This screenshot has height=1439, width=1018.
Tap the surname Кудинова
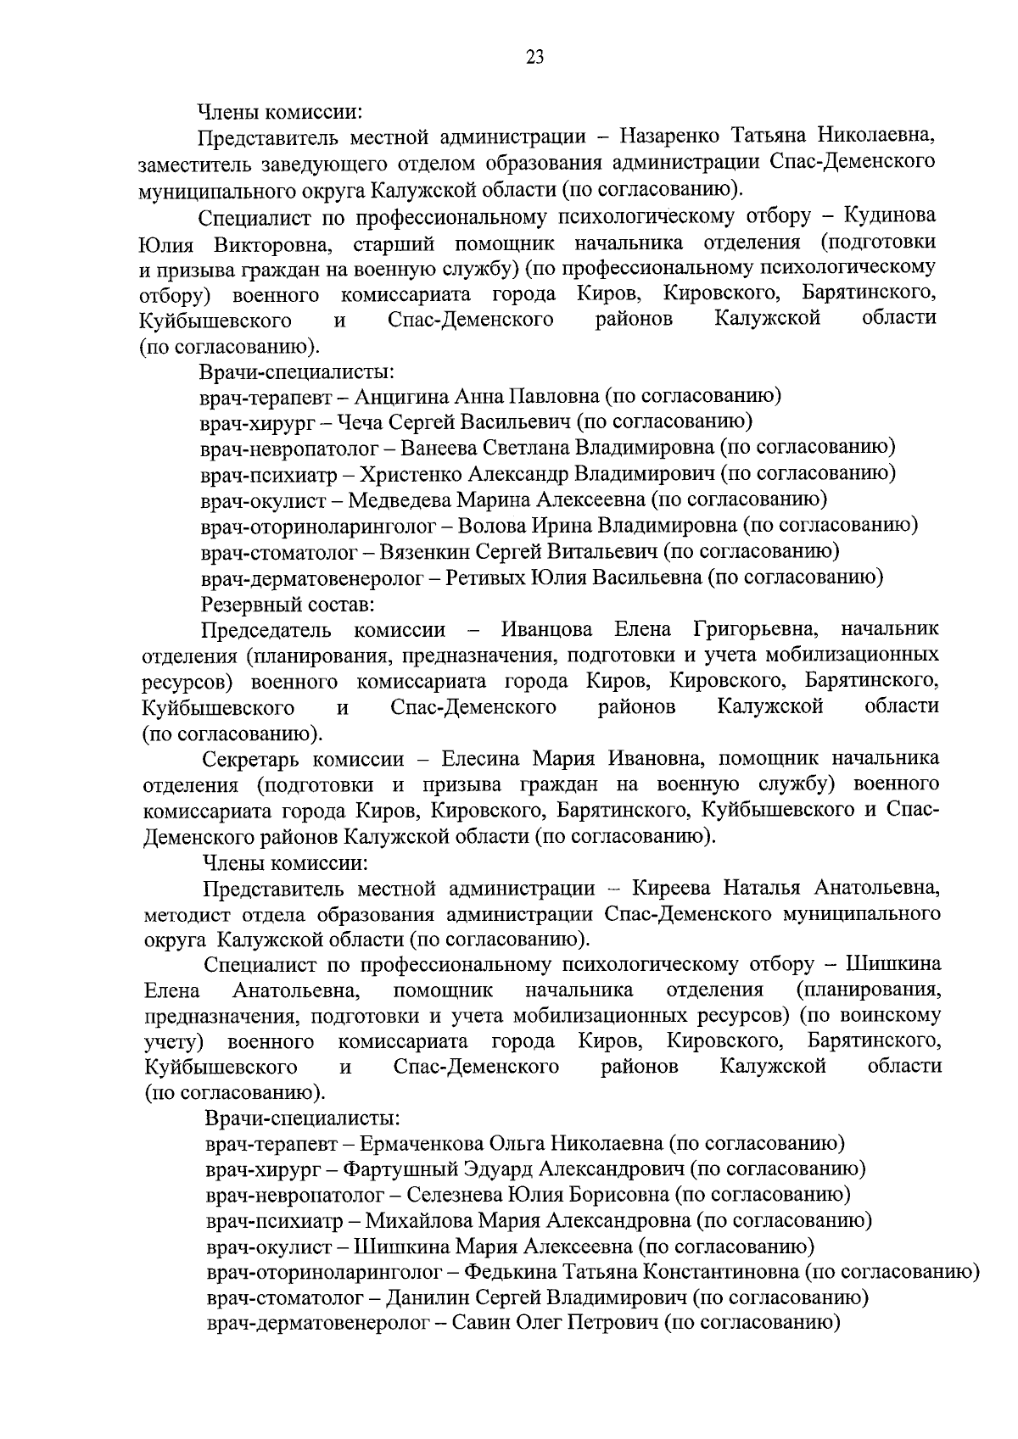click(889, 215)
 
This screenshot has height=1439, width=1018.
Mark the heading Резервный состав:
click(288, 604)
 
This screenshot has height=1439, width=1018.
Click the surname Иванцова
click(547, 630)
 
